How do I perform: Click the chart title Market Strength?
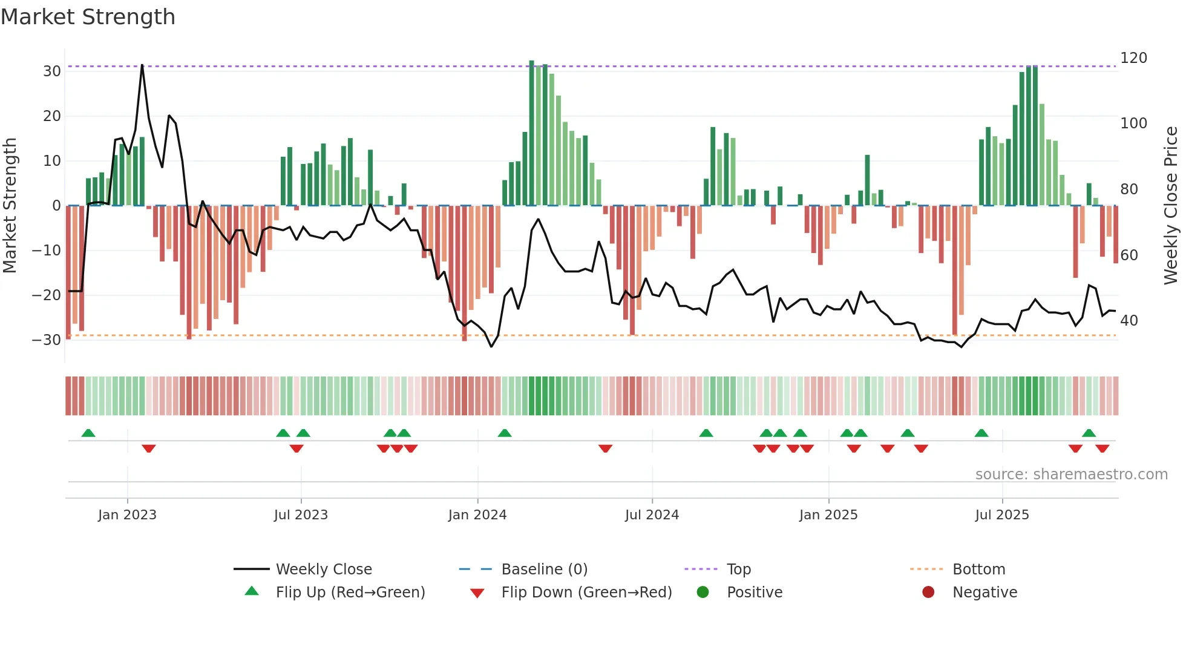point(88,17)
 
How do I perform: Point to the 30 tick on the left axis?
point(52,71)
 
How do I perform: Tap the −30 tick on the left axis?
point(47,340)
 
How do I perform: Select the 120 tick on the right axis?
point(1133,58)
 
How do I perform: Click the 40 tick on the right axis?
point(1129,321)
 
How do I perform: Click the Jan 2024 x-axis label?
point(477,515)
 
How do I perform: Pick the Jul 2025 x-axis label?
point(1002,515)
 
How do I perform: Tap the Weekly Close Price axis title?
point(1171,206)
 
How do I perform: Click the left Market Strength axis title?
point(10,206)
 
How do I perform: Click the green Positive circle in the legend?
point(703,593)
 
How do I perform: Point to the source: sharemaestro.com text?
point(1071,475)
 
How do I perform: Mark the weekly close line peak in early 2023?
point(142,65)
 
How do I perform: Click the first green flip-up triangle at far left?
point(88,433)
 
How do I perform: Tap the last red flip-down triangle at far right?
point(1102,448)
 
